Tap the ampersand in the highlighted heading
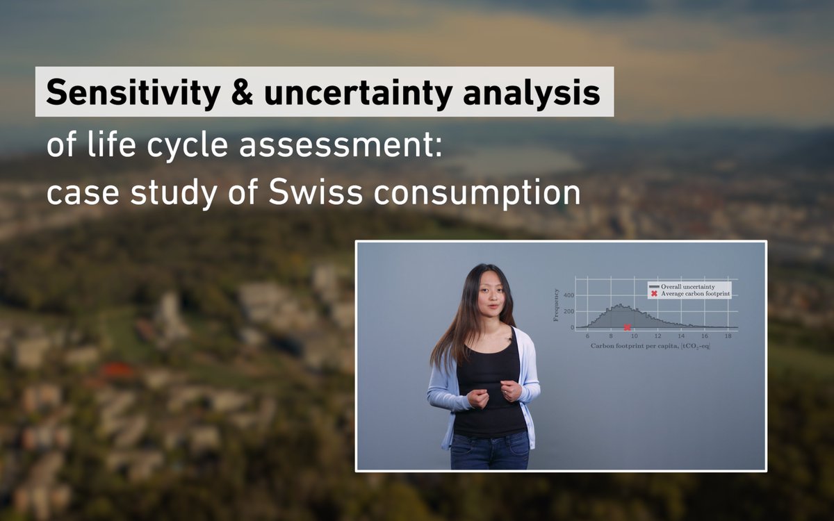tap(241, 92)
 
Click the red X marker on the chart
tap(627, 327)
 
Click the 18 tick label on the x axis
tap(728, 336)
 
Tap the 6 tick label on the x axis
tap(587, 336)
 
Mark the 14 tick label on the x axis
tap(681, 336)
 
